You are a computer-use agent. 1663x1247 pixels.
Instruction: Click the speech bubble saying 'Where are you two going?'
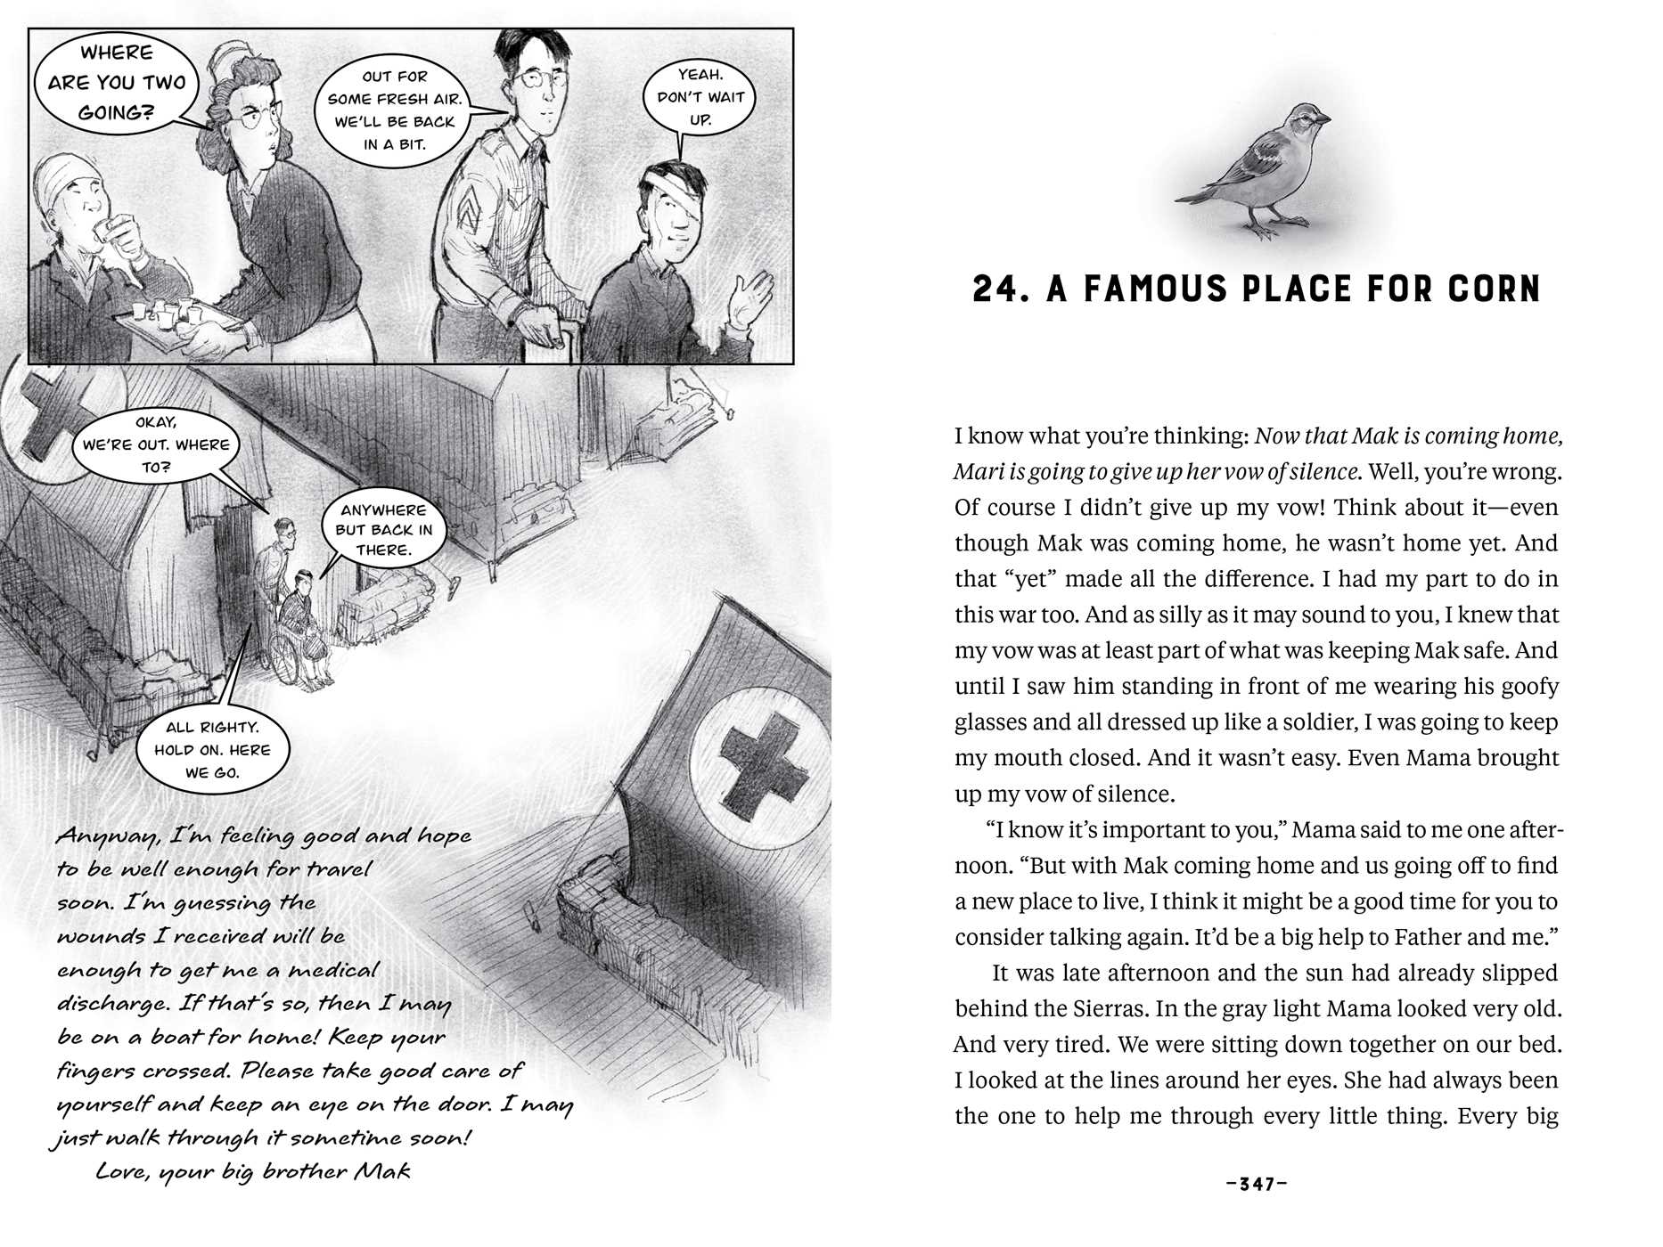point(116,82)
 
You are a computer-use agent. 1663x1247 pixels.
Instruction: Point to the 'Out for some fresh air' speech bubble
point(395,110)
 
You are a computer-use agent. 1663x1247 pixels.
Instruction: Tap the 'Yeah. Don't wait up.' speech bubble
point(700,97)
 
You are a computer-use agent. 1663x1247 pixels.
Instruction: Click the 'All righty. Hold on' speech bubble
point(211,750)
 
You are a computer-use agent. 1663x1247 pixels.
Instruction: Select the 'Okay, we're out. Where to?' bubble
point(156,444)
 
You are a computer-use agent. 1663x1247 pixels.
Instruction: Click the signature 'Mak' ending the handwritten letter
point(382,1170)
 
